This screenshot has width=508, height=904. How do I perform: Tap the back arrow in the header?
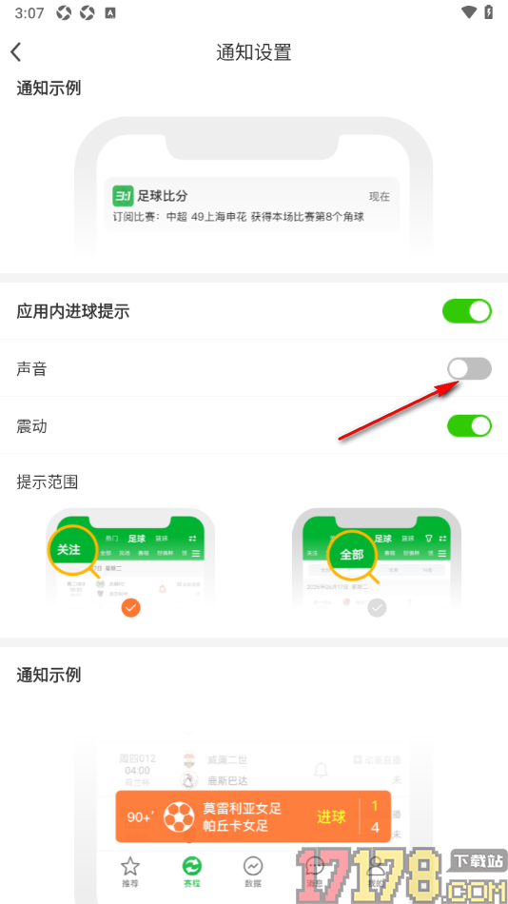pyautogui.click(x=16, y=52)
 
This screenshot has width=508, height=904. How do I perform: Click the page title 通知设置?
pyautogui.click(x=254, y=52)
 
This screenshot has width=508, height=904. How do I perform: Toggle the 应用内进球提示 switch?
pyautogui.click(x=468, y=310)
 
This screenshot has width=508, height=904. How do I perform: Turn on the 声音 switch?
pyautogui.click(x=470, y=368)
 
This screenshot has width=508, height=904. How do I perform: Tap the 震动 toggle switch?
pyautogui.click(x=470, y=425)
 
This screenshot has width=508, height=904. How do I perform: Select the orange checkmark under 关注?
pyautogui.click(x=131, y=607)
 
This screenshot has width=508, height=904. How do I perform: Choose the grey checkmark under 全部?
pyautogui.click(x=378, y=607)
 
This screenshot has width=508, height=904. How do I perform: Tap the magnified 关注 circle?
pyautogui.click(x=69, y=549)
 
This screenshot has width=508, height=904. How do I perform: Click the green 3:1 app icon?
pyautogui.click(x=123, y=196)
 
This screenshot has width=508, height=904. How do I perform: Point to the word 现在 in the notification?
pyautogui.click(x=380, y=197)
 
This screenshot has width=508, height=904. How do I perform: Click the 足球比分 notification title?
pyautogui.click(x=163, y=196)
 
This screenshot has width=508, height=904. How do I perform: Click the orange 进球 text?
pyautogui.click(x=331, y=816)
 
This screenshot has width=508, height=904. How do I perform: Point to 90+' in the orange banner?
pyautogui.click(x=140, y=816)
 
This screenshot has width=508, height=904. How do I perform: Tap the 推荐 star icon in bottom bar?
pyautogui.click(x=130, y=866)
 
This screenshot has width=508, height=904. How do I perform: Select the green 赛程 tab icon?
pyautogui.click(x=192, y=866)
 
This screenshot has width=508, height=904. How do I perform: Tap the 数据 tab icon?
pyautogui.click(x=253, y=866)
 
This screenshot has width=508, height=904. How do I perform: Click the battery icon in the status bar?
pyautogui.click(x=490, y=12)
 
